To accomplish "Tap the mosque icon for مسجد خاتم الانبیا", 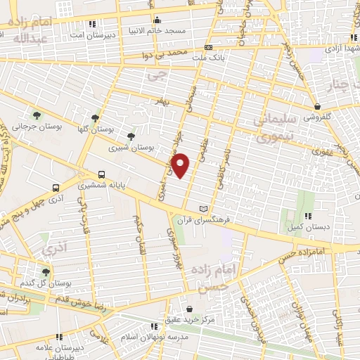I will click(x=157, y=20).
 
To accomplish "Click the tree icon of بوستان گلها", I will click(x=95, y=117).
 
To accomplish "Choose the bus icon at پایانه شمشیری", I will click(x=102, y=174).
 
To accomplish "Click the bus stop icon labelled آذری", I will click(x=56, y=188).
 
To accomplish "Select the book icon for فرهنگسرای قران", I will click(x=203, y=210).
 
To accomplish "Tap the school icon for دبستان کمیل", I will click(x=307, y=216).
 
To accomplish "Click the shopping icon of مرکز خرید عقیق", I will click(x=189, y=308).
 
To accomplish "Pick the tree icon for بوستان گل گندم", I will click(x=46, y=271).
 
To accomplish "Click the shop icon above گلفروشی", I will click(x=316, y=107).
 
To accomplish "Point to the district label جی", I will click(x=161, y=75).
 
